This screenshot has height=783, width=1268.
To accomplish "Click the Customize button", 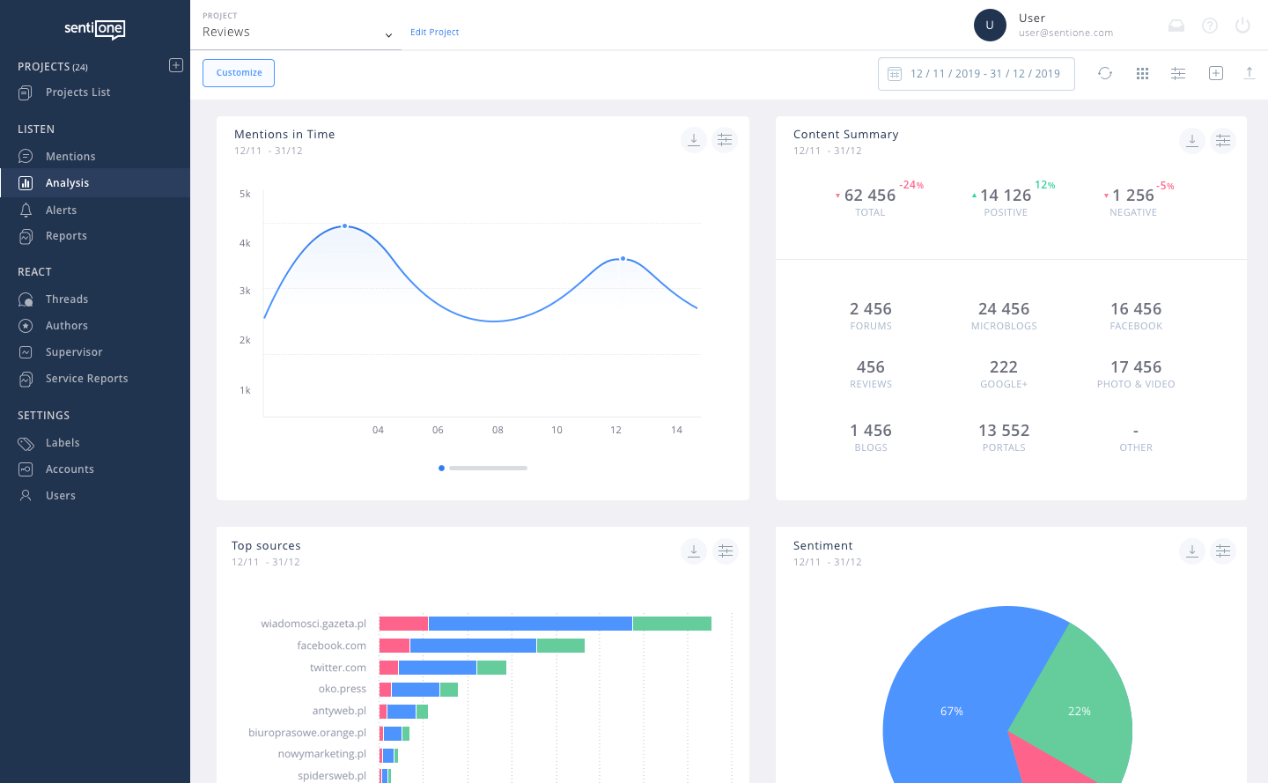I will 239,73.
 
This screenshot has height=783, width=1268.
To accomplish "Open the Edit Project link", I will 434,33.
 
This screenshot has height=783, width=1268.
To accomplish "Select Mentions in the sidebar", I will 70,157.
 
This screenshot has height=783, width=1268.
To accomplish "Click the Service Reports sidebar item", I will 86,379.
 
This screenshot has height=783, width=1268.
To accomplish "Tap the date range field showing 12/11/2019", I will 976,74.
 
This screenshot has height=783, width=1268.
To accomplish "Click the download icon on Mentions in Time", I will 694,140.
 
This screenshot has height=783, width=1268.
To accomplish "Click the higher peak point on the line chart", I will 344,226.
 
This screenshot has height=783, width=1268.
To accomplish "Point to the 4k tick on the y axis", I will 245,243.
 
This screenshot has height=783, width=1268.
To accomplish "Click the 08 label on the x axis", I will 498,431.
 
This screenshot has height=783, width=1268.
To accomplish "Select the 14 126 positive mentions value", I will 1005,196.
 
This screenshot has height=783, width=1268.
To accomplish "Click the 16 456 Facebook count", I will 1135,309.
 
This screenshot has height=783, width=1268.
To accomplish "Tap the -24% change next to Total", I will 910,185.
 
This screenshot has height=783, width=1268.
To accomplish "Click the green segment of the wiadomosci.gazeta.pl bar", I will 672,624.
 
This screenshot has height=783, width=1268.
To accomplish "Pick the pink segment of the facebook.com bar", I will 394,646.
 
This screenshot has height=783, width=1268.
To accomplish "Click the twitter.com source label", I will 337,668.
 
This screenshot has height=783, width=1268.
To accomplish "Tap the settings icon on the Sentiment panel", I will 1223,551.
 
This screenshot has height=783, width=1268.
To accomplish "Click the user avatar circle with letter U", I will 990,26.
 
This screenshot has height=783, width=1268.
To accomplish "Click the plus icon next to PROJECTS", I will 176,65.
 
